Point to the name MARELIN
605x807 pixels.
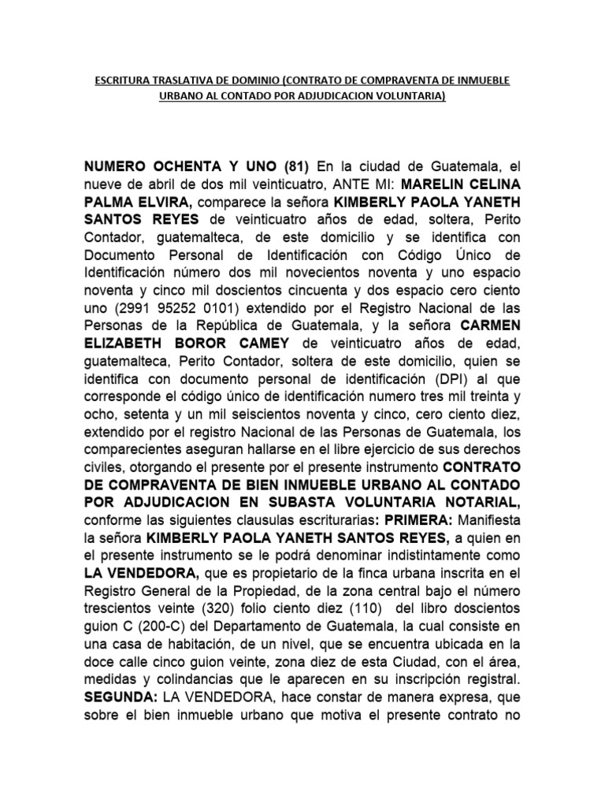click(x=408, y=184)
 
